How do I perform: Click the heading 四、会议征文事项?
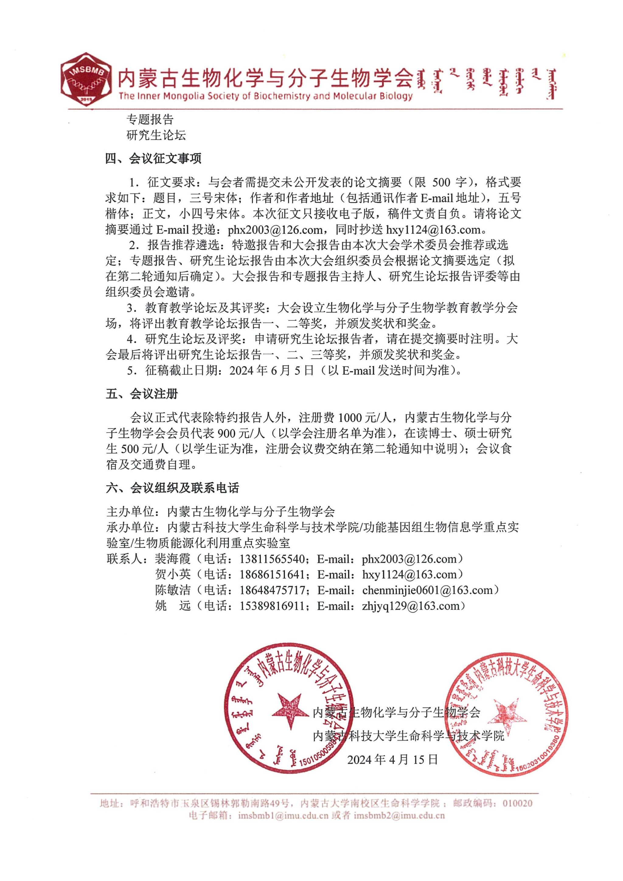point(153,159)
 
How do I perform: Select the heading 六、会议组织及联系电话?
point(172,488)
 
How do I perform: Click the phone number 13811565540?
point(272,559)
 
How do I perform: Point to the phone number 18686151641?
point(272,575)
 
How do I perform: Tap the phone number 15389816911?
point(272,606)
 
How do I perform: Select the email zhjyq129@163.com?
point(410,606)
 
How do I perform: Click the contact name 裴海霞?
point(172,559)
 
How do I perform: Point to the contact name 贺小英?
point(172,575)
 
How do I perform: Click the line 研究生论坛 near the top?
point(156,135)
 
